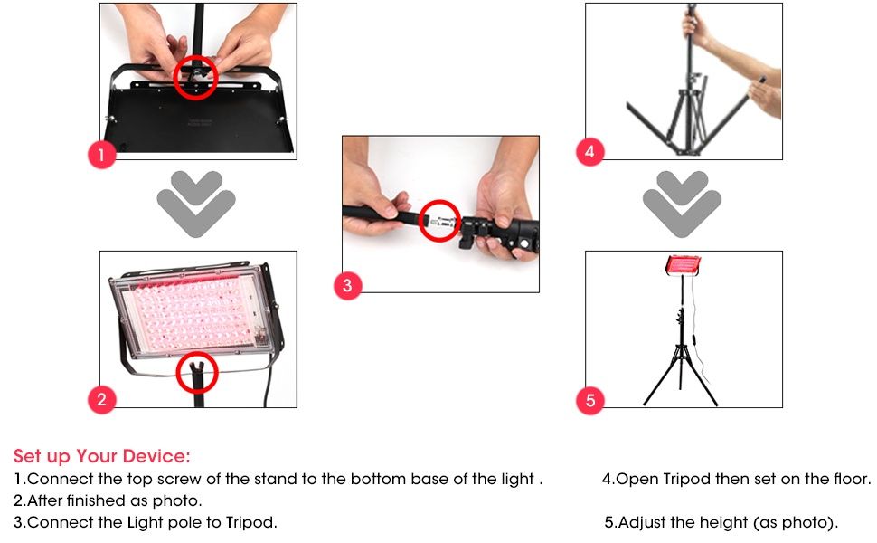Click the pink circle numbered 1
pyautogui.click(x=101, y=154)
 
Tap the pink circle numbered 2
pyautogui.click(x=101, y=399)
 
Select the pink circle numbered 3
pyautogui.click(x=347, y=285)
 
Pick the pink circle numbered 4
pyautogui.click(x=590, y=152)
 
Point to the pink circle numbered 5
pyautogui.click(x=590, y=400)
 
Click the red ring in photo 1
pyautogui.click(x=195, y=56)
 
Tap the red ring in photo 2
pyautogui.click(x=197, y=353)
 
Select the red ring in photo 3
pyautogui.click(x=439, y=202)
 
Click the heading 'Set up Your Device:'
pyautogui.click(x=102, y=456)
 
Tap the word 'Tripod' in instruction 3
pyautogui.click(x=250, y=523)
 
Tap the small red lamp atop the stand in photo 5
pyautogui.click(x=683, y=266)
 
